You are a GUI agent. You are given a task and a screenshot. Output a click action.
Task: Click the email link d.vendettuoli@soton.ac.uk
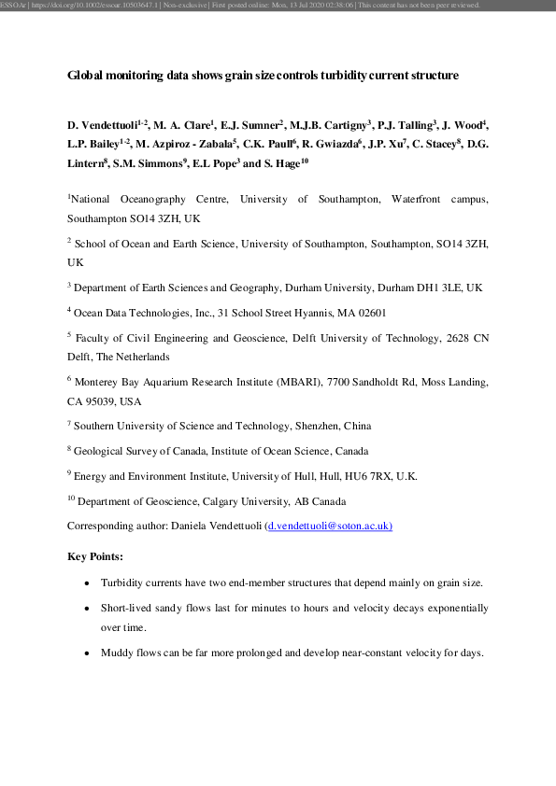coord(330,526)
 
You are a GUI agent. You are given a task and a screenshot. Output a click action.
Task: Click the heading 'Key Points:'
coord(95,557)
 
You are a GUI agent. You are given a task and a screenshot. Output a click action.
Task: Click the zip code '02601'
coord(365,313)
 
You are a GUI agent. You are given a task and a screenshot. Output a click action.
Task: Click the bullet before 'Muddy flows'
coord(86,653)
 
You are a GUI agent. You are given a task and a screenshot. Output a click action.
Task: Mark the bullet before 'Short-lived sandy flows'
coord(86,608)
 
